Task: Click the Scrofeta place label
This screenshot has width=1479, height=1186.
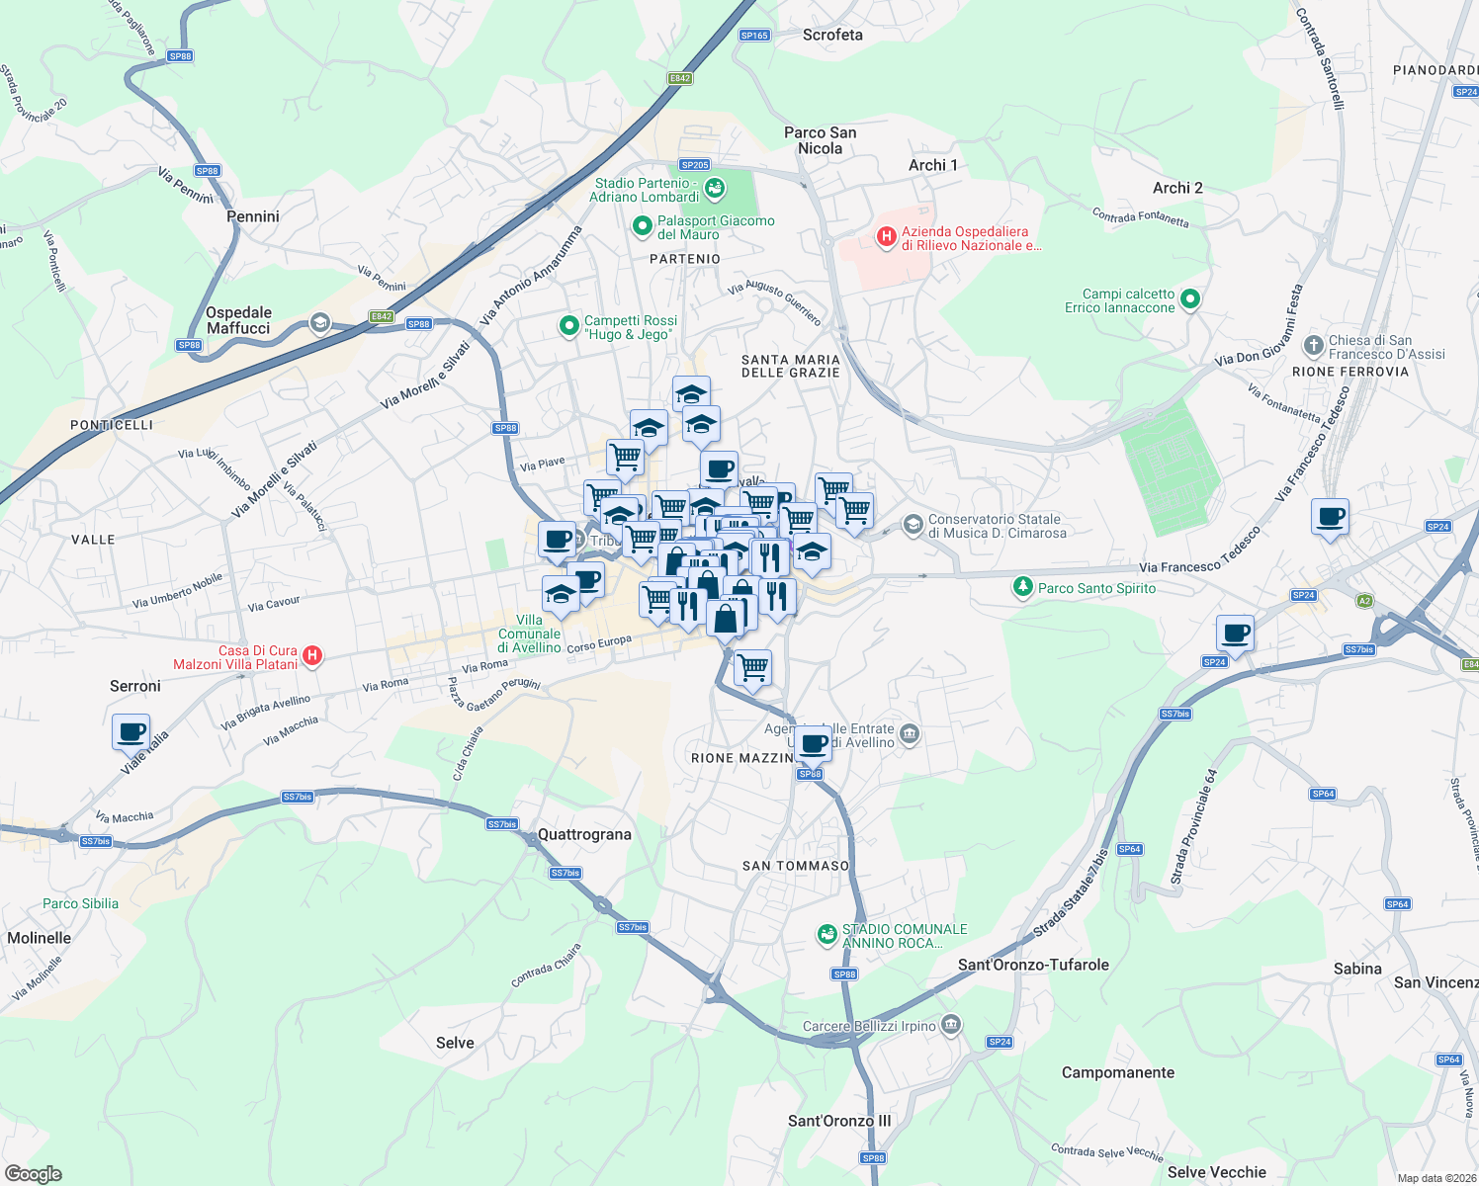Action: (x=832, y=35)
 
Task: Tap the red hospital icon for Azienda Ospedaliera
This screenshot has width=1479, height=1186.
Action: (x=886, y=237)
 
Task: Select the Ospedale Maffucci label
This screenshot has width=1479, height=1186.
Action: (x=238, y=320)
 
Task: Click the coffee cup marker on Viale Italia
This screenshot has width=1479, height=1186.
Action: (x=130, y=732)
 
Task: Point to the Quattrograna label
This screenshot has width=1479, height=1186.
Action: (x=584, y=834)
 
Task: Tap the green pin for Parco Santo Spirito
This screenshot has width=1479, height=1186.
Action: (x=1022, y=587)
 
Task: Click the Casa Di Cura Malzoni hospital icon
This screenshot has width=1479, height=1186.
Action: (x=311, y=655)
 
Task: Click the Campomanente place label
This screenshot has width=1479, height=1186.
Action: (x=1117, y=1072)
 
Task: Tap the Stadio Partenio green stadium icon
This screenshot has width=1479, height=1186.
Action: (x=716, y=187)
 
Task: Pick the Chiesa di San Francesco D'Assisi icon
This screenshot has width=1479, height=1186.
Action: (x=1313, y=345)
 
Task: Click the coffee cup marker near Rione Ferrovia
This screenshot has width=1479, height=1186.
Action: (x=1330, y=517)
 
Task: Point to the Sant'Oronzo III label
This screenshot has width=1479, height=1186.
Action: (x=839, y=1121)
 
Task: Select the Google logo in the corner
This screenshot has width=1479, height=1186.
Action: (x=33, y=1173)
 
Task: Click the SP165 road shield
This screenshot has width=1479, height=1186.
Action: (x=753, y=35)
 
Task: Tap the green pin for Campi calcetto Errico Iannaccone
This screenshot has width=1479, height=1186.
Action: (x=1190, y=298)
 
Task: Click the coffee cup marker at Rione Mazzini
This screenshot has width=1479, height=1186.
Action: (x=813, y=742)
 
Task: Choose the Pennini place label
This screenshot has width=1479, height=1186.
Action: (x=253, y=216)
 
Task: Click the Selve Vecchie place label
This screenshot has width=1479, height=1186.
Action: (x=1216, y=1172)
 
